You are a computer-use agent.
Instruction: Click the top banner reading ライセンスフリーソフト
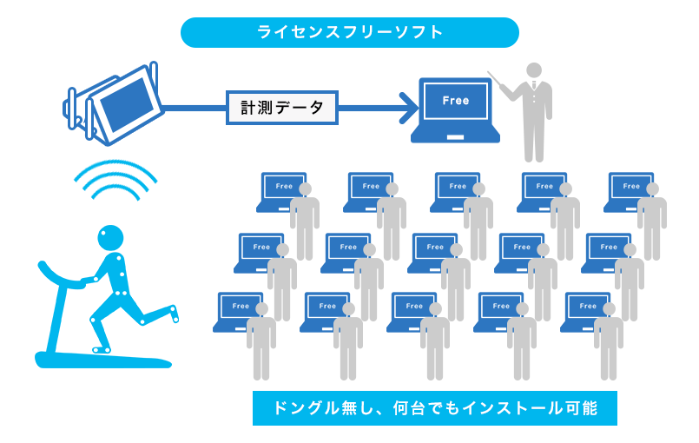tap(349, 33)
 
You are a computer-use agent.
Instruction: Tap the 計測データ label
tap(282, 108)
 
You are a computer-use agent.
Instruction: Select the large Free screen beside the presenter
tap(455, 101)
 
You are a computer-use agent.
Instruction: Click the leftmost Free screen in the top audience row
tap(284, 187)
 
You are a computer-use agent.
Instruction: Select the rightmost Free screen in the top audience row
tap(631, 187)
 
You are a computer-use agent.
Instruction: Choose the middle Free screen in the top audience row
tap(458, 187)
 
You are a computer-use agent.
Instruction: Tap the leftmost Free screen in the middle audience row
tap(261, 248)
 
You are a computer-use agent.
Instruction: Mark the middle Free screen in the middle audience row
tap(435, 248)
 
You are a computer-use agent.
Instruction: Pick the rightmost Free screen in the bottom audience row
tap(588, 307)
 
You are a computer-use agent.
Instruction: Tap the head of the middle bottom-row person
tap(434, 309)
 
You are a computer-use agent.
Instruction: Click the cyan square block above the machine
tap(116, 189)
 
